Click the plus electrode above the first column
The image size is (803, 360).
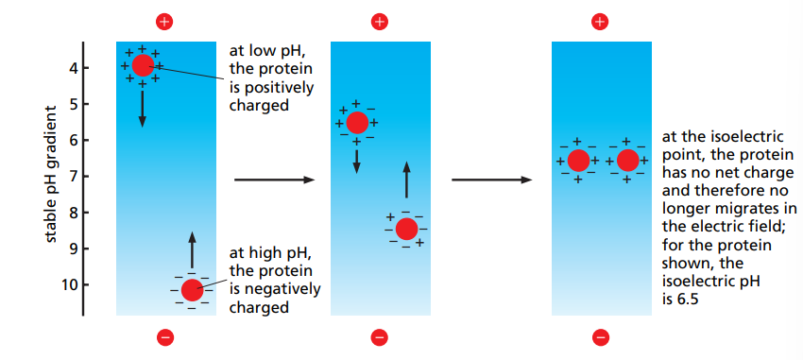tap(165, 21)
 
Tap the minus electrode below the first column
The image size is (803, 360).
tap(165, 336)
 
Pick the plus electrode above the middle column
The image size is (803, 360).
tap(380, 21)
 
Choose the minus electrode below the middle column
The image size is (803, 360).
tap(380, 336)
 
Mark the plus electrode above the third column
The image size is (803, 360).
tap(600, 21)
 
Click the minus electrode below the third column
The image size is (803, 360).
tap(600, 336)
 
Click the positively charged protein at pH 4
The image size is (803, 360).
tap(143, 65)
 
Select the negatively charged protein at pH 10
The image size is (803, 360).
tap(192, 290)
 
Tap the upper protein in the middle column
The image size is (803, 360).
tap(357, 122)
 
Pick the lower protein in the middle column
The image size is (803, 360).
tap(406, 229)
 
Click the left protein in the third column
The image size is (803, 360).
tap(578, 161)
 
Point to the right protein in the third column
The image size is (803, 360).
tap(627, 161)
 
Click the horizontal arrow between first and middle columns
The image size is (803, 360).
tap(274, 179)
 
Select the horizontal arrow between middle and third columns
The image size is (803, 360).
tap(492, 179)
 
